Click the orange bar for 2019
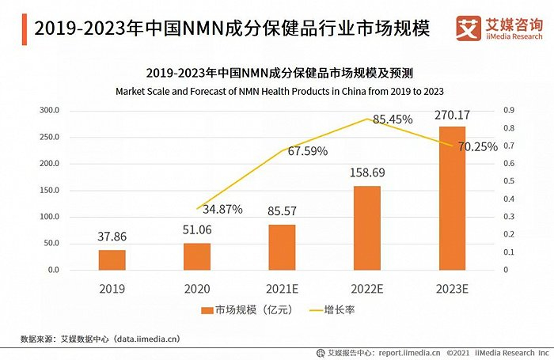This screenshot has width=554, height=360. (x=112, y=260)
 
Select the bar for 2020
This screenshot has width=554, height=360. (x=197, y=256)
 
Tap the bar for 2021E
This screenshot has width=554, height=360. (x=282, y=247)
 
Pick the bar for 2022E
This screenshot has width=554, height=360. (x=367, y=228)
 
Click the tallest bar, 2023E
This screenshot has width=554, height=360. (x=453, y=198)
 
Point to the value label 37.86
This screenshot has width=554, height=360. (x=112, y=237)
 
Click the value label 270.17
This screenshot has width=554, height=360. (x=453, y=116)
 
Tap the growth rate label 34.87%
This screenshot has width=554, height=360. (x=222, y=209)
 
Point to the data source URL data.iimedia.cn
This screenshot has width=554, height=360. (x=146, y=339)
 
